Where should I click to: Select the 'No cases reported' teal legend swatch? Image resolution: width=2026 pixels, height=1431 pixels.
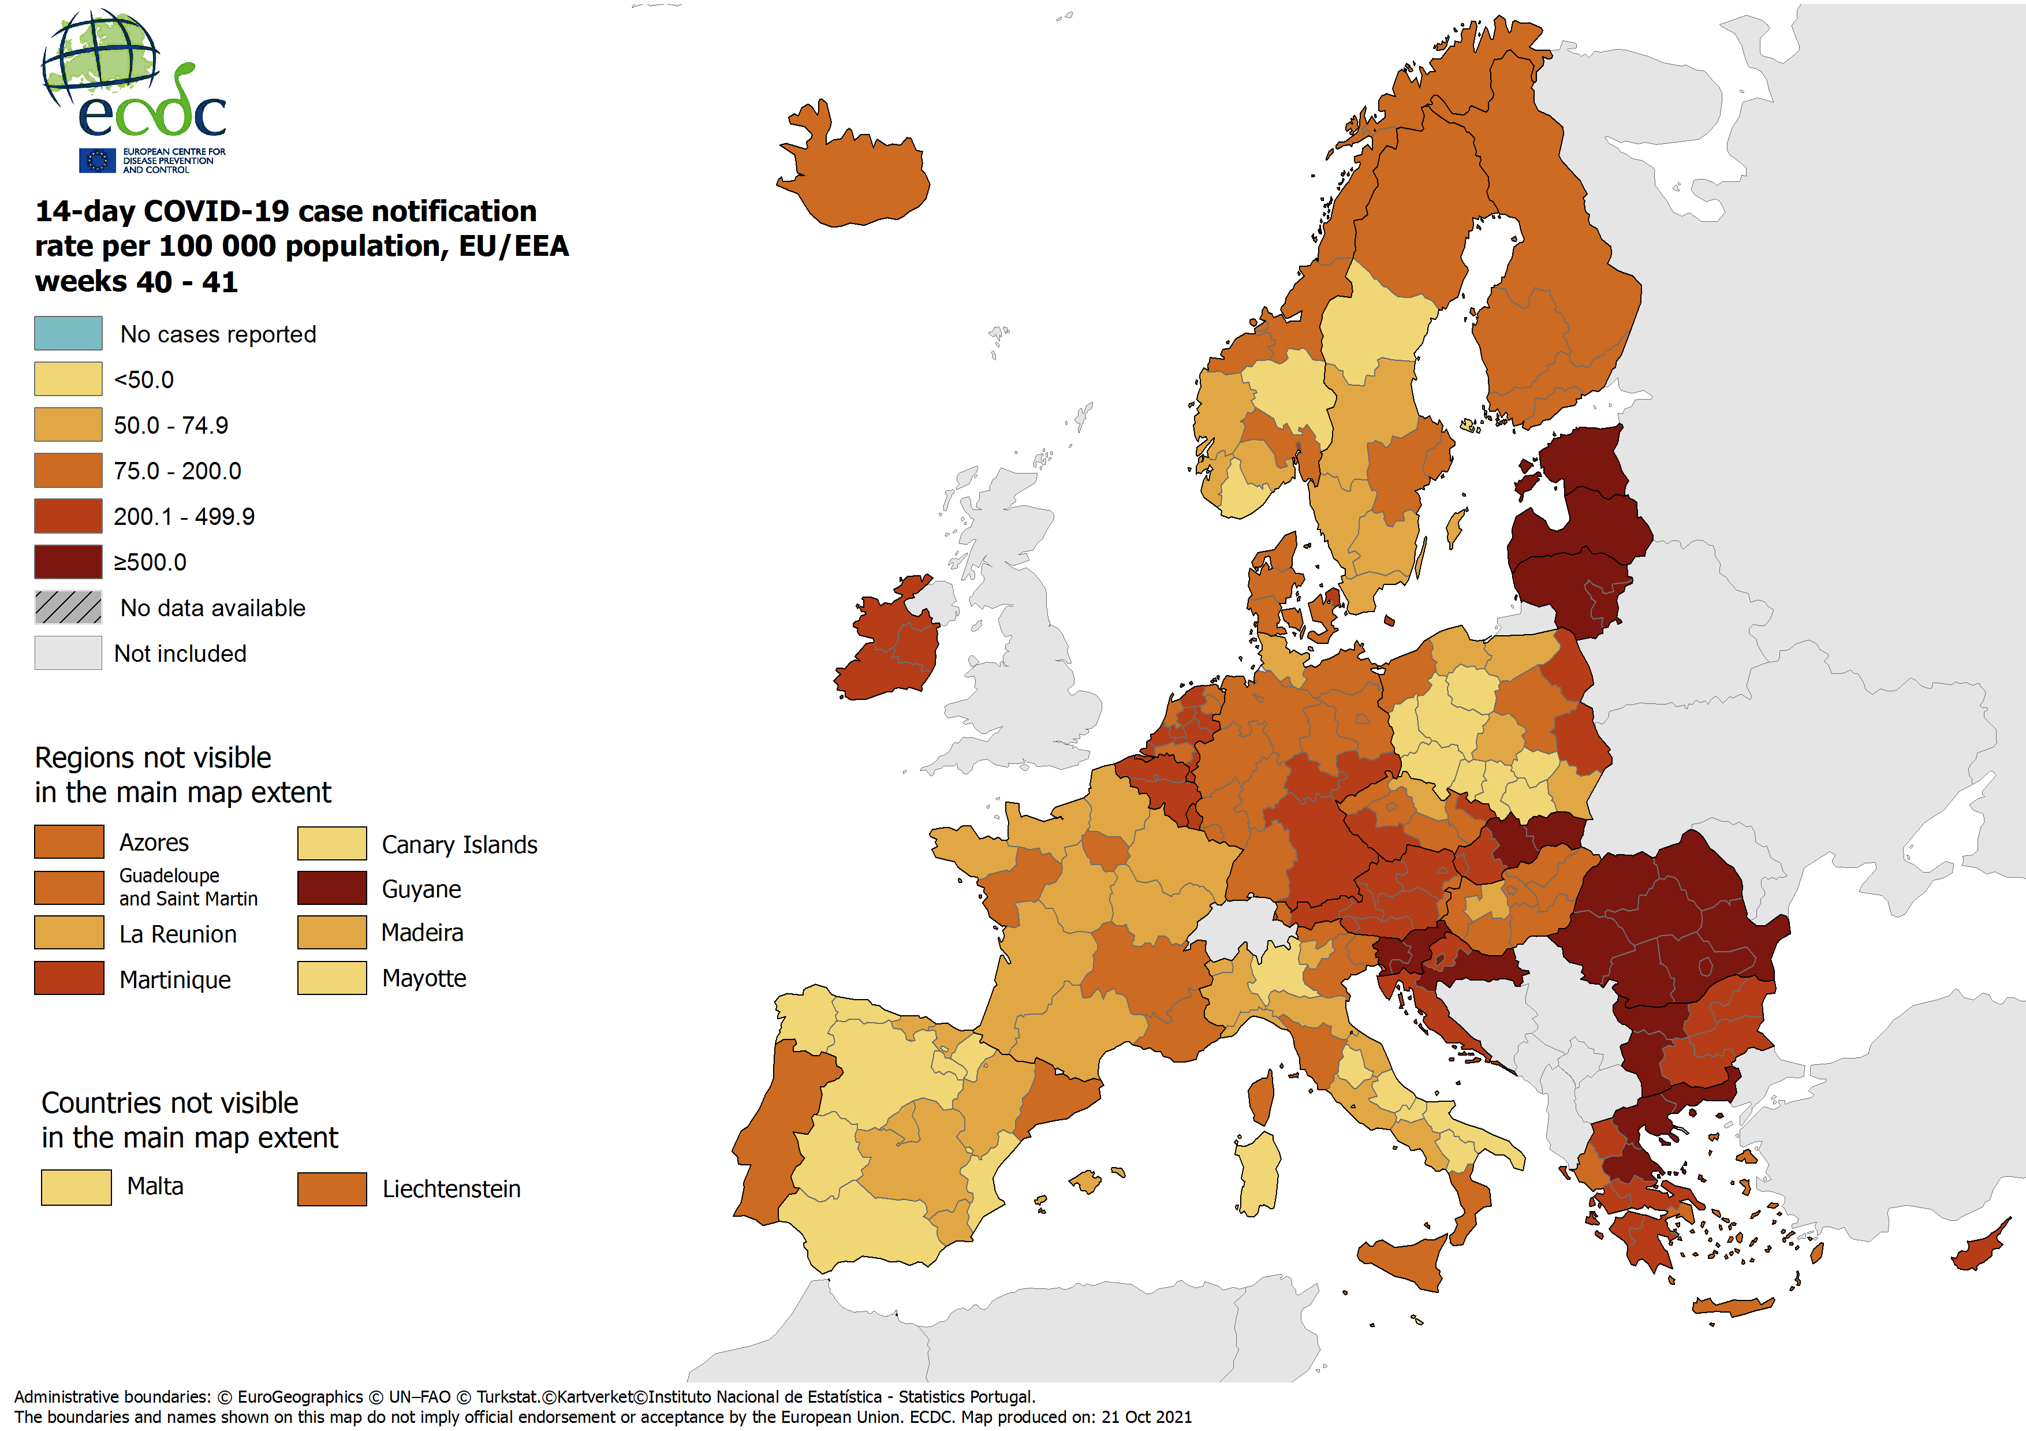click(68, 334)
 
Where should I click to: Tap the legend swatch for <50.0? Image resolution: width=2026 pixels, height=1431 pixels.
click(68, 379)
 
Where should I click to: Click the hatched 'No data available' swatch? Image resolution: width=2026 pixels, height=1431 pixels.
click(68, 608)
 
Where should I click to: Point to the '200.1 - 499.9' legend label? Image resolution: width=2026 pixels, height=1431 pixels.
click(184, 516)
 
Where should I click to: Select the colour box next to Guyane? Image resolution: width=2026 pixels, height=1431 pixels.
click(332, 888)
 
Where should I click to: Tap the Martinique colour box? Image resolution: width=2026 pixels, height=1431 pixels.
click(69, 978)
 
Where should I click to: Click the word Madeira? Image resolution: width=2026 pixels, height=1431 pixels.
click(422, 932)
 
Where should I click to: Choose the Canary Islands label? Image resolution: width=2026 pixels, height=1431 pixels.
click(459, 845)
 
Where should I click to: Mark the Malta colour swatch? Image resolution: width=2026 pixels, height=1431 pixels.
click(76, 1187)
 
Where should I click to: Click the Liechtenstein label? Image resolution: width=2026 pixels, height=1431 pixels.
click(451, 1189)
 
